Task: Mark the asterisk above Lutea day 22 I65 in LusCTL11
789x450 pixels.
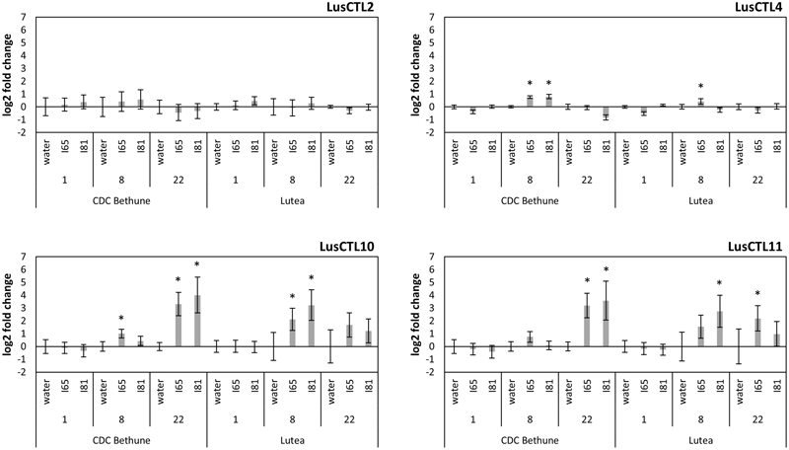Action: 757,293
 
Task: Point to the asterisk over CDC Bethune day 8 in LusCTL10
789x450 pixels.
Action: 121,318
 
